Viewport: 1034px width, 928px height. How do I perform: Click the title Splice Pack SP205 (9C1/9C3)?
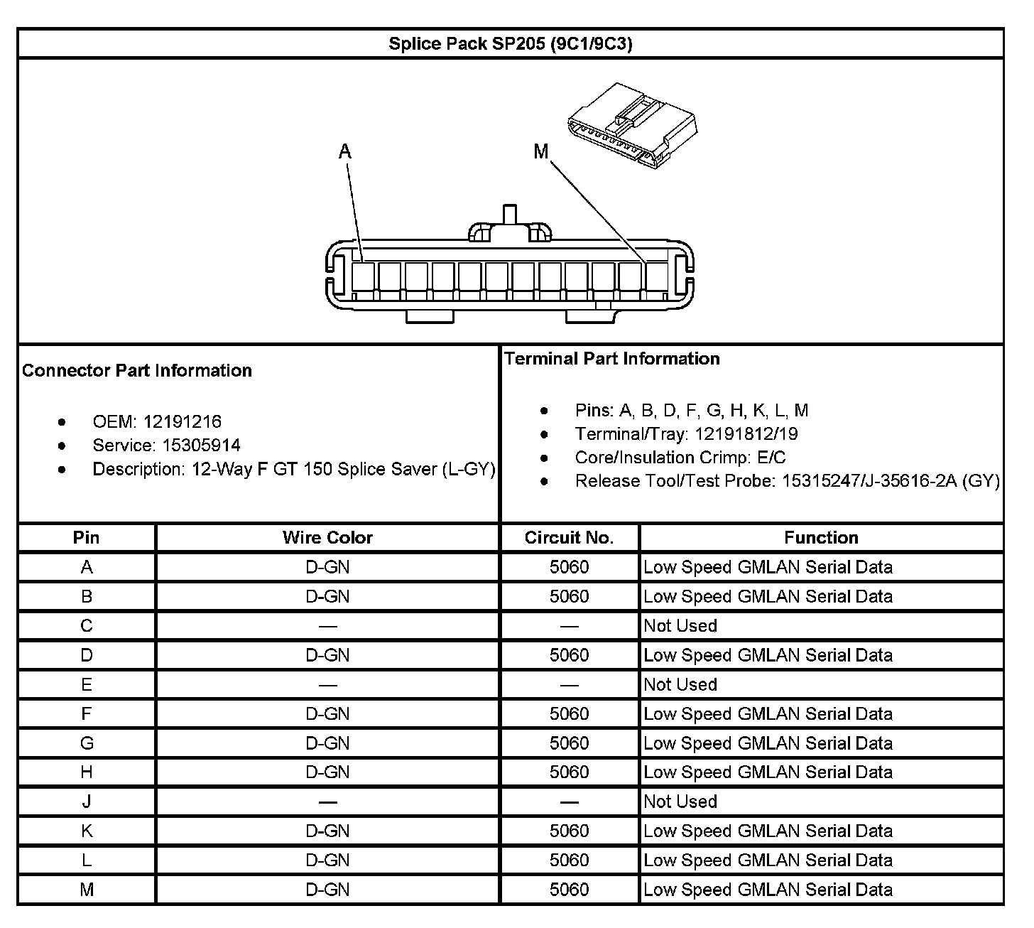click(x=510, y=44)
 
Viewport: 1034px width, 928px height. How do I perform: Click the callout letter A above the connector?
click(x=345, y=151)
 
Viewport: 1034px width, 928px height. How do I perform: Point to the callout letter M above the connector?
click(x=541, y=151)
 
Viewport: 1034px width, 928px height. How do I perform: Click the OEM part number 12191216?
click(x=183, y=422)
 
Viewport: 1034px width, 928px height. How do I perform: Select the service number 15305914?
click(x=202, y=446)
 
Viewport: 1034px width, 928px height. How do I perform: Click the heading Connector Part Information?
click(x=137, y=370)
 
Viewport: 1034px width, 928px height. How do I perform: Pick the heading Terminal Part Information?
click(x=612, y=359)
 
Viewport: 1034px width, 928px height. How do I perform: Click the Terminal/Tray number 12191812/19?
click(x=746, y=434)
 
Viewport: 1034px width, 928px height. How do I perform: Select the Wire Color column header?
click(x=327, y=538)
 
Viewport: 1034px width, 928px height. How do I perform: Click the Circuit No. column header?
click(x=569, y=538)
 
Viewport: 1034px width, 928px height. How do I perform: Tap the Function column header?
click(x=821, y=538)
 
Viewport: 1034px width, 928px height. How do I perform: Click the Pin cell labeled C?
click(x=87, y=626)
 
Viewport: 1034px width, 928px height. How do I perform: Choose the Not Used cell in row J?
click(x=680, y=802)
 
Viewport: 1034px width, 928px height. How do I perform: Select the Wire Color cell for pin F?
click(x=327, y=714)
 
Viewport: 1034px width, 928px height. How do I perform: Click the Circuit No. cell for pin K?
click(x=569, y=831)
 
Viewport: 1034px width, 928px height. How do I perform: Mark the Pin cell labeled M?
click(x=87, y=890)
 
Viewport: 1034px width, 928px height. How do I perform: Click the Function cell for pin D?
click(x=768, y=655)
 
